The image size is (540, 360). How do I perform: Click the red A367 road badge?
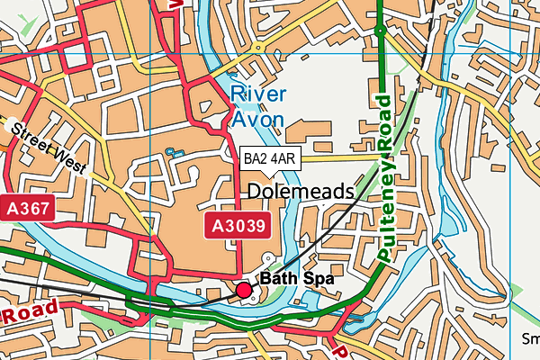[x=29, y=209]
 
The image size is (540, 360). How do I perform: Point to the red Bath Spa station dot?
[x=243, y=290]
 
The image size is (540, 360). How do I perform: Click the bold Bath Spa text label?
[x=297, y=280]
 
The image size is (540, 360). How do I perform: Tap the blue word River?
[x=257, y=94]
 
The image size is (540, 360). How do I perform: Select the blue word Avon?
[x=258, y=118]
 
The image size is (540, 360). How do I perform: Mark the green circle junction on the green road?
[x=381, y=31]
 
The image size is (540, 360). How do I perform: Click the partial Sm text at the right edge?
[x=531, y=339]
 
